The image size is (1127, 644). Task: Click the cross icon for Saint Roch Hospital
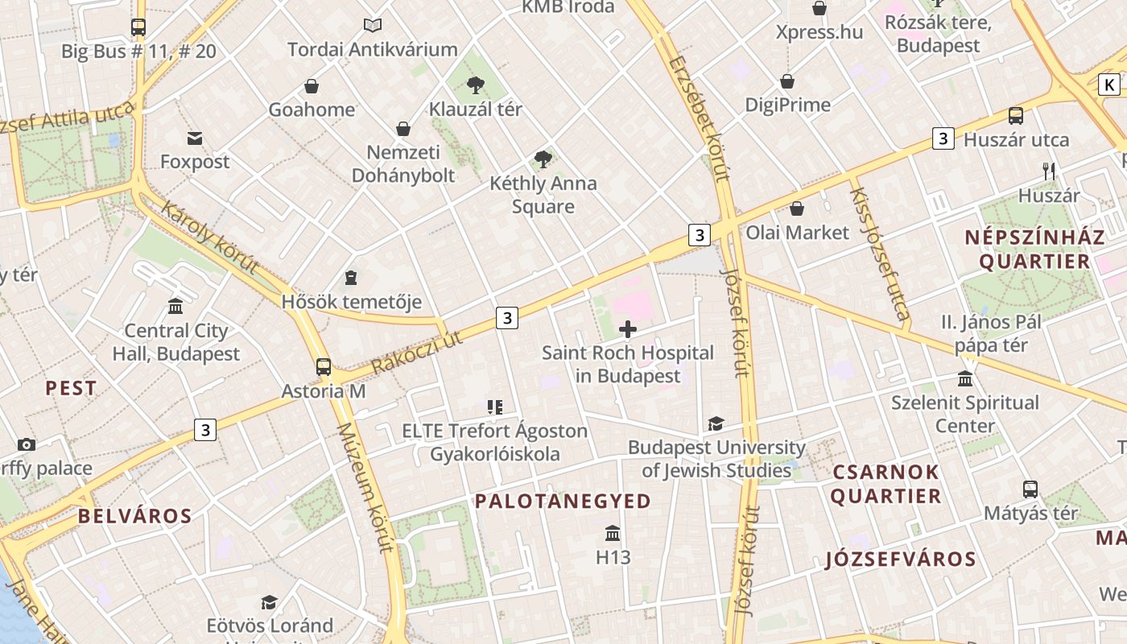(628, 328)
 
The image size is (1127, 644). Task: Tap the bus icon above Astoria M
(324, 367)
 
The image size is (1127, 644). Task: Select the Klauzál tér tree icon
(476, 85)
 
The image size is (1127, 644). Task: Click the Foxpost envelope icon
(195, 138)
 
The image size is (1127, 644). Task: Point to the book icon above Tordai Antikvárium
(372, 26)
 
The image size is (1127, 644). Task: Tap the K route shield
(1109, 85)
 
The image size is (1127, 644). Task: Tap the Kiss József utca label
(880, 254)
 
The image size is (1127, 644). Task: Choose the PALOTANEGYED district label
(563, 502)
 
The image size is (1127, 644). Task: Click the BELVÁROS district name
(135, 516)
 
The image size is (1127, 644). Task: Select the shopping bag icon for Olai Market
(797, 209)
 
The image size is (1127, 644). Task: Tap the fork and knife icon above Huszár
(1048, 171)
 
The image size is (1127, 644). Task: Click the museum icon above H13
(613, 534)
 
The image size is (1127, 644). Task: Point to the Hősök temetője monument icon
(351, 279)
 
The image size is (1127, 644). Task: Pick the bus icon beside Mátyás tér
(1030, 489)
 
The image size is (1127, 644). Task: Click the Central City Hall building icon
(175, 307)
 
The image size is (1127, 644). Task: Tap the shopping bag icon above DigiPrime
(787, 81)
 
